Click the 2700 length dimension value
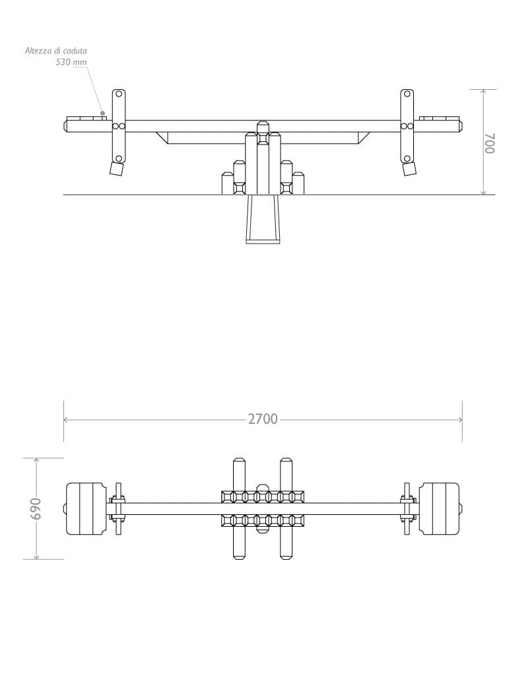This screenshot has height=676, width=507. [263, 419]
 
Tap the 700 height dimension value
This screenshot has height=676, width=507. [490, 143]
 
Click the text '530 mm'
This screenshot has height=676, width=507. [71, 62]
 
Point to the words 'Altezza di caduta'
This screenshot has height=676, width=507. [55, 50]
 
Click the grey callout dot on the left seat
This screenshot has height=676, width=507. [102, 113]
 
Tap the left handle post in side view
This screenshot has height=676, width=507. [119, 126]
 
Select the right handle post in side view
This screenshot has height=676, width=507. [407, 126]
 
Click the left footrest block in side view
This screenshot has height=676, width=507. [116, 168]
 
